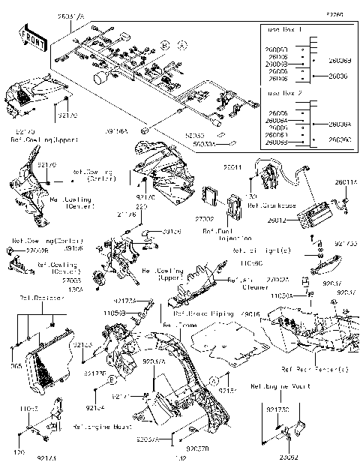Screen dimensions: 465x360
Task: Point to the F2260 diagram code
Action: coord(334,13)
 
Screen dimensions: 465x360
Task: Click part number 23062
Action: coord(288,456)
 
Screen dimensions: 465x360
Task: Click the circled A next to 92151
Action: coord(214,380)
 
